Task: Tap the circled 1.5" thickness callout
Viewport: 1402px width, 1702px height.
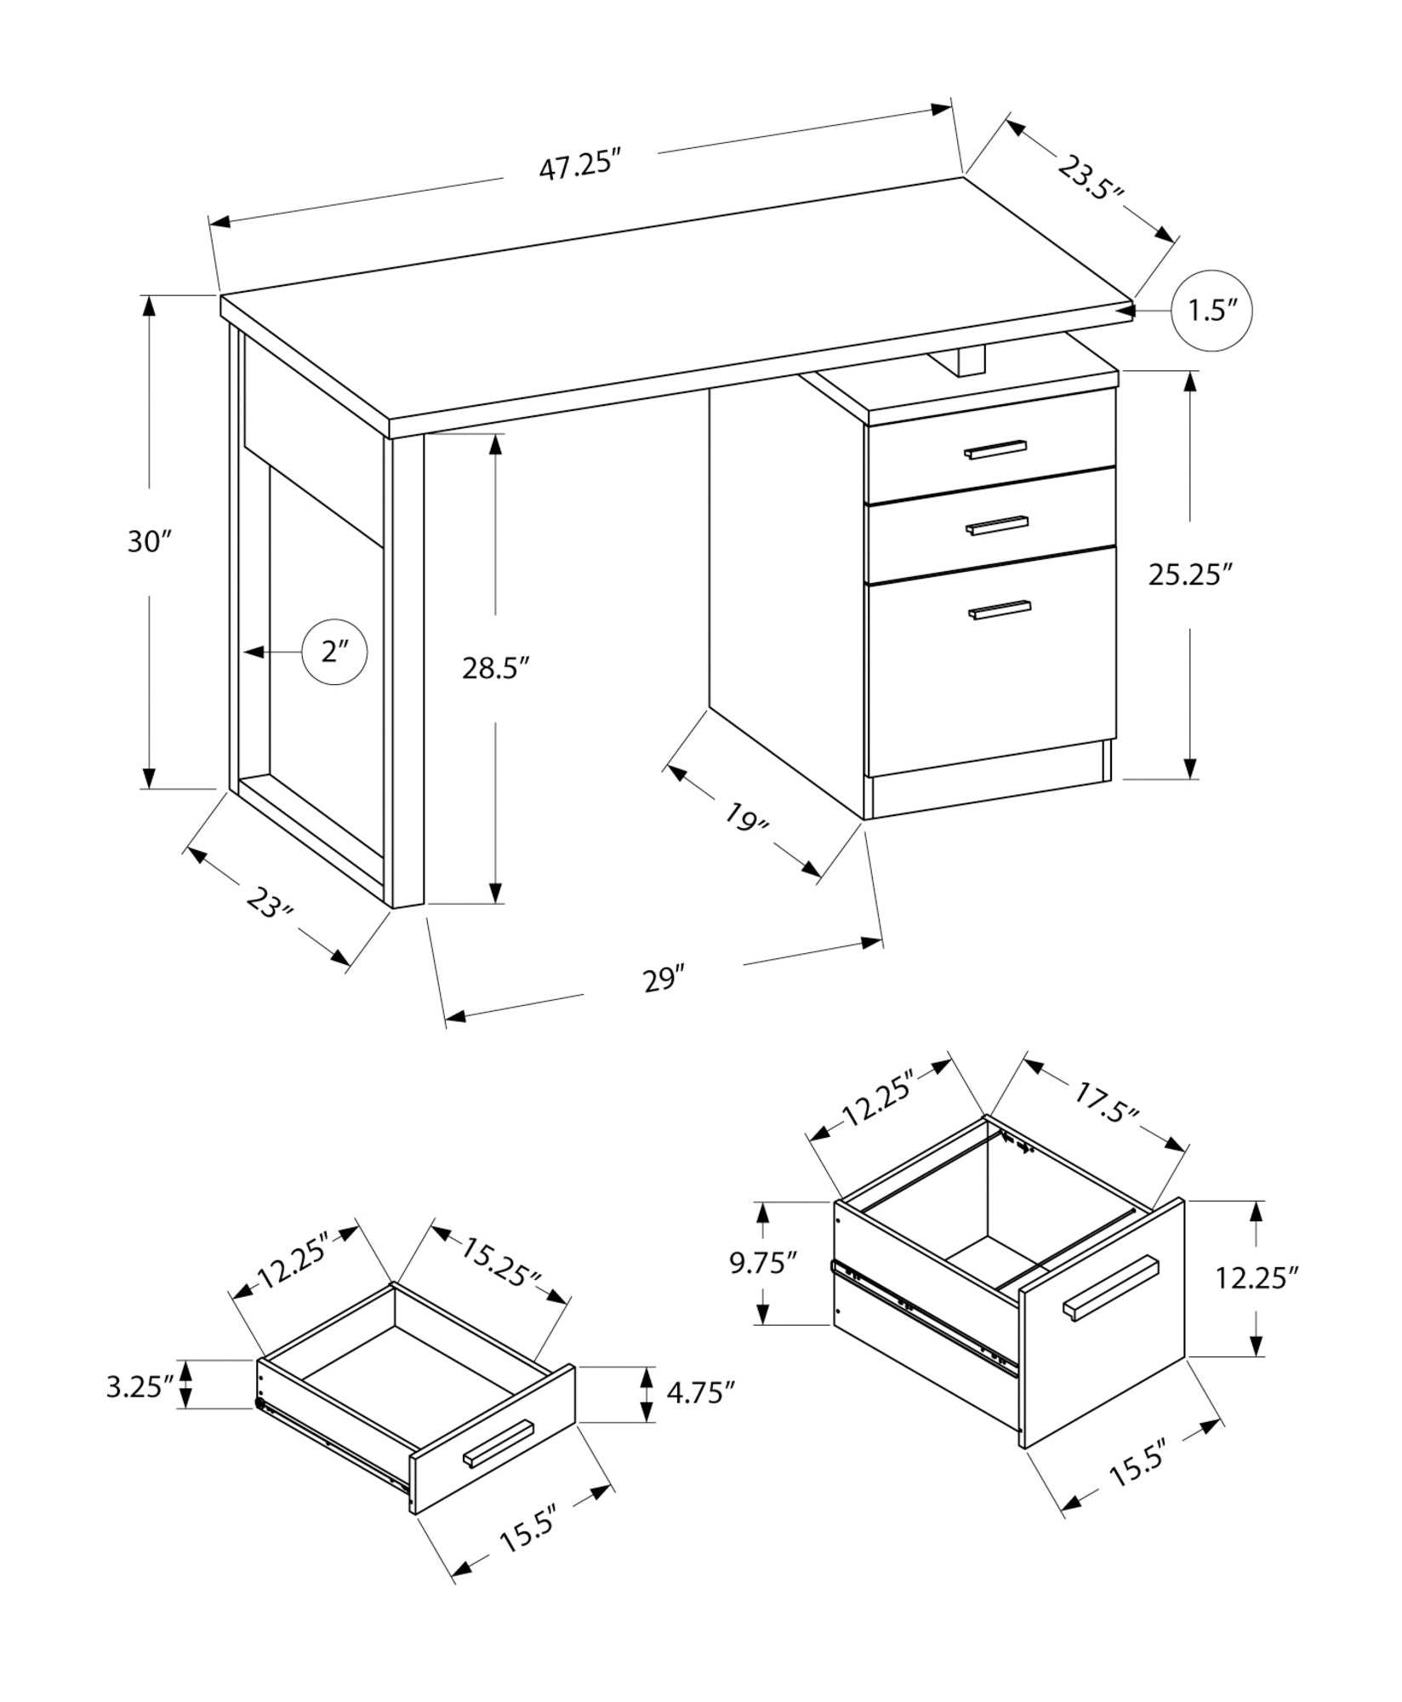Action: pyautogui.click(x=1211, y=311)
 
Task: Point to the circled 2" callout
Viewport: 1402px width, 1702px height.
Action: pyautogui.click(x=335, y=652)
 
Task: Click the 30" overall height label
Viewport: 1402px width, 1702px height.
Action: pyautogui.click(x=150, y=541)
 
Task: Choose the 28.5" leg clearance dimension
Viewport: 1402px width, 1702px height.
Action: pyautogui.click(x=496, y=668)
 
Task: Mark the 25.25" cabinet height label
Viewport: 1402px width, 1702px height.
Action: pyautogui.click(x=1190, y=575)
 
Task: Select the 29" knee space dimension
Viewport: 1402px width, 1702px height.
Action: pyautogui.click(x=664, y=980)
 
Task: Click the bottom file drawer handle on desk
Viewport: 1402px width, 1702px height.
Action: pyautogui.click(x=1000, y=610)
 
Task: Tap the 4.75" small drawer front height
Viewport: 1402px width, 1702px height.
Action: pyautogui.click(x=700, y=1394)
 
